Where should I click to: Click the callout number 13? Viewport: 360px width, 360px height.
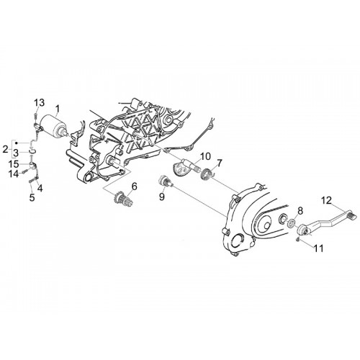click(x=39, y=103)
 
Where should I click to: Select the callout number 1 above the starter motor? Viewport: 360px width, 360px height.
click(x=57, y=109)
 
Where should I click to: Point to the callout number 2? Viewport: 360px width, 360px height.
click(x=5, y=149)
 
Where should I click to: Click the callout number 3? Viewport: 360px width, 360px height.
click(x=16, y=153)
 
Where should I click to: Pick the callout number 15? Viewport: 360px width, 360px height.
click(x=14, y=164)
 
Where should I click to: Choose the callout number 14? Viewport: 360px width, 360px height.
click(x=14, y=174)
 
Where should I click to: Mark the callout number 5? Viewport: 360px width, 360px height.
click(x=32, y=197)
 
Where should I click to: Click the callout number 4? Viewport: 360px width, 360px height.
click(x=40, y=188)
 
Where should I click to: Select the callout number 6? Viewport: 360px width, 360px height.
click(x=134, y=186)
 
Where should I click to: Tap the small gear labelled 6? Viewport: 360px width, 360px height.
click(x=122, y=199)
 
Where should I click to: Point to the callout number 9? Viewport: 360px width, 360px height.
click(x=162, y=197)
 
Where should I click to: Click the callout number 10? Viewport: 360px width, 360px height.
click(x=205, y=156)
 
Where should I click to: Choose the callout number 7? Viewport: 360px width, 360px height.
click(x=219, y=163)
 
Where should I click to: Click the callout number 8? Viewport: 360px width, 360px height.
click(x=300, y=211)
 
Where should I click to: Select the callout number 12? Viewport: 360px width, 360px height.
click(x=326, y=200)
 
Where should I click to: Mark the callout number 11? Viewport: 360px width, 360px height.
click(x=319, y=248)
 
